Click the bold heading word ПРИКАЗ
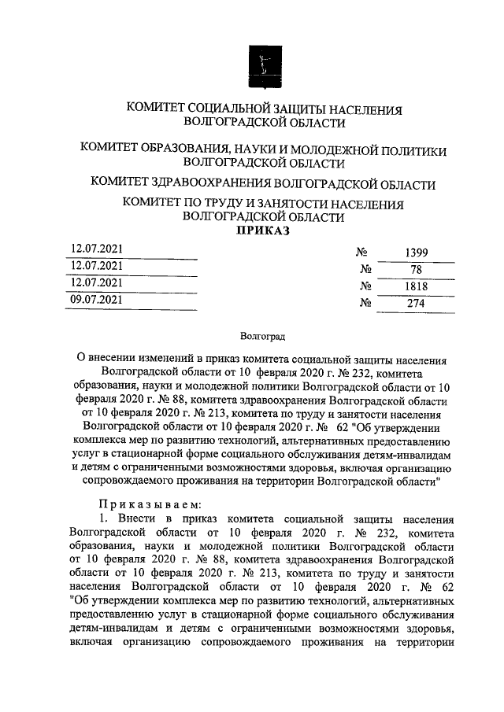pos(263,231)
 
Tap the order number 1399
pos(416,253)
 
